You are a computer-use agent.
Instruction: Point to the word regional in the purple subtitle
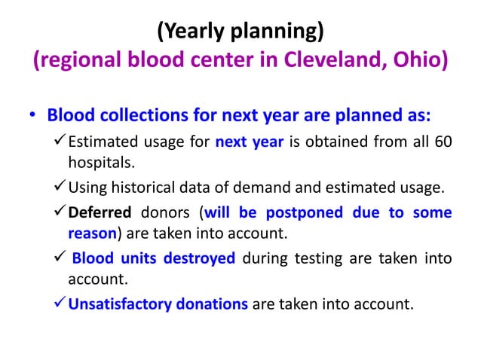(x=79, y=60)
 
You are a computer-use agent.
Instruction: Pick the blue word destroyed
(x=199, y=258)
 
